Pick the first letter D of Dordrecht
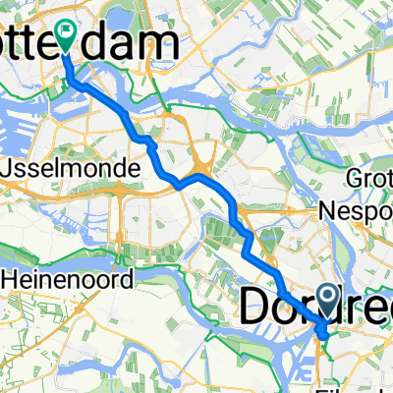pos(254,307)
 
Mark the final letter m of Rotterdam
pos(163,41)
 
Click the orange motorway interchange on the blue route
pos(202,179)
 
